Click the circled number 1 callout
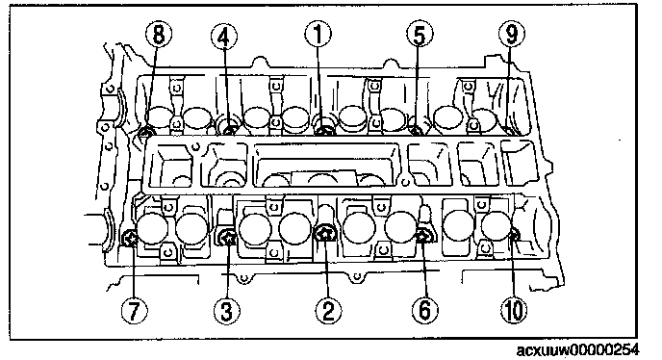point(318,35)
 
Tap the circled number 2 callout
point(328,310)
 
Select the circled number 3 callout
point(227,311)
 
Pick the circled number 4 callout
point(224,36)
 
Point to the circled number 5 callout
point(420,35)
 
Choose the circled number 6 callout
point(424,309)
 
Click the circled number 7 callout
point(134,311)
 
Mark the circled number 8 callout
point(159,34)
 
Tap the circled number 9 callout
point(511,34)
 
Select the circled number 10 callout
point(514,309)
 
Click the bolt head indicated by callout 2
point(325,233)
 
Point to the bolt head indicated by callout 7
point(130,239)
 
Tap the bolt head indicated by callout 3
point(228,238)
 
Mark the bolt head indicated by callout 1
point(324,130)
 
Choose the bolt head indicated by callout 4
point(229,130)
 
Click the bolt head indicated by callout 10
point(514,234)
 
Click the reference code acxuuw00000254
point(577,350)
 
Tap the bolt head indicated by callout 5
point(417,131)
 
